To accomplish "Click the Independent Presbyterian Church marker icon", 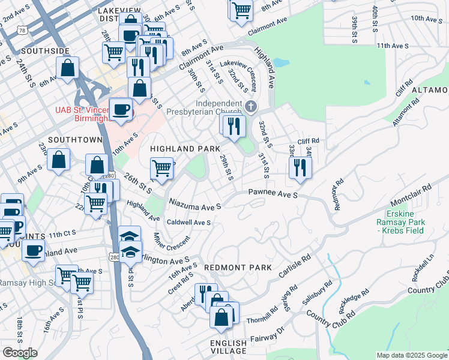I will pos(252,107).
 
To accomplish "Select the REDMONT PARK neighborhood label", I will pos(237,267).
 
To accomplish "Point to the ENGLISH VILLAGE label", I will pos(228,347).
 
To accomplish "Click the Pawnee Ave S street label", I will pos(273,194).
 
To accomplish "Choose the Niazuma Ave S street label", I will pos(195,205).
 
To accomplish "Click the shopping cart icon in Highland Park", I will pos(161,169).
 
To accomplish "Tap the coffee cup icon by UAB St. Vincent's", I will pos(121,110).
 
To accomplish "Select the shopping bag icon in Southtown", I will pos(59,160).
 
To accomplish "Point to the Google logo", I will pos(20,353).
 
